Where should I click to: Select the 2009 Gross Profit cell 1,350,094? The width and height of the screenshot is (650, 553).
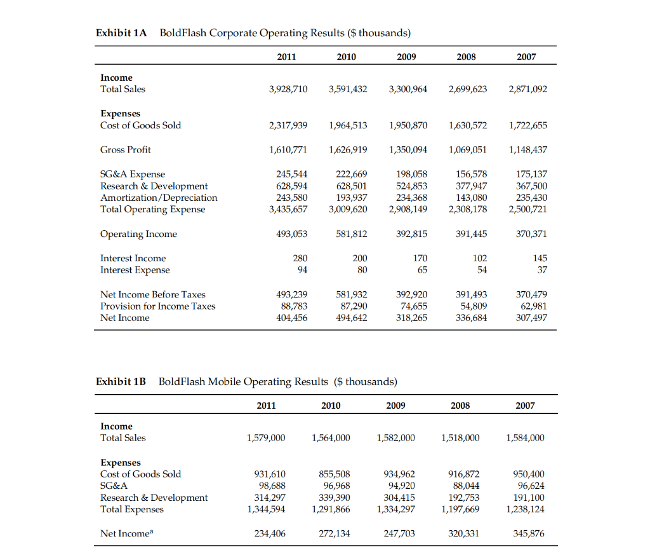pyautogui.click(x=408, y=149)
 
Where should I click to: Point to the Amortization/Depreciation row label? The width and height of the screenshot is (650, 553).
pyautogui.click(x=159, y=198)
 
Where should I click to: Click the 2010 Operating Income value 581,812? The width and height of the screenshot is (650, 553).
pyautogui.click(x=348, y=234)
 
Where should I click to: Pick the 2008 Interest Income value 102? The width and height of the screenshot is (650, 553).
pyautogui.click(x=480, y=258)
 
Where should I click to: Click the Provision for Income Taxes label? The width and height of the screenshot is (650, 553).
pyautogui.click(x=158, y=306)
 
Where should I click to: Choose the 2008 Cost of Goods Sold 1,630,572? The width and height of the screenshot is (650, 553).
pyautogui.click(x=468, y=125)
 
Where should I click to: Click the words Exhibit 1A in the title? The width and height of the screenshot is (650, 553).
pyautogui.click(x=121, y=32)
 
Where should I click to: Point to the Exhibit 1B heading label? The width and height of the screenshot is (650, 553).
pyautogui.click(x=121, y=381)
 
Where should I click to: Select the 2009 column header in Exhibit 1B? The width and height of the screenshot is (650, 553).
pyautogui.click(x=395, y=406)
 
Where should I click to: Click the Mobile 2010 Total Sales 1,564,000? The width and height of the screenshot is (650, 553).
pyautogui.click(x=330, y=438)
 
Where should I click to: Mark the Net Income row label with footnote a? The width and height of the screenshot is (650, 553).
pyautogui.click(x=125, y=534)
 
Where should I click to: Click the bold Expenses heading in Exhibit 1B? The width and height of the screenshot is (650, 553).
pyautogui.click(x=121, y=462)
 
